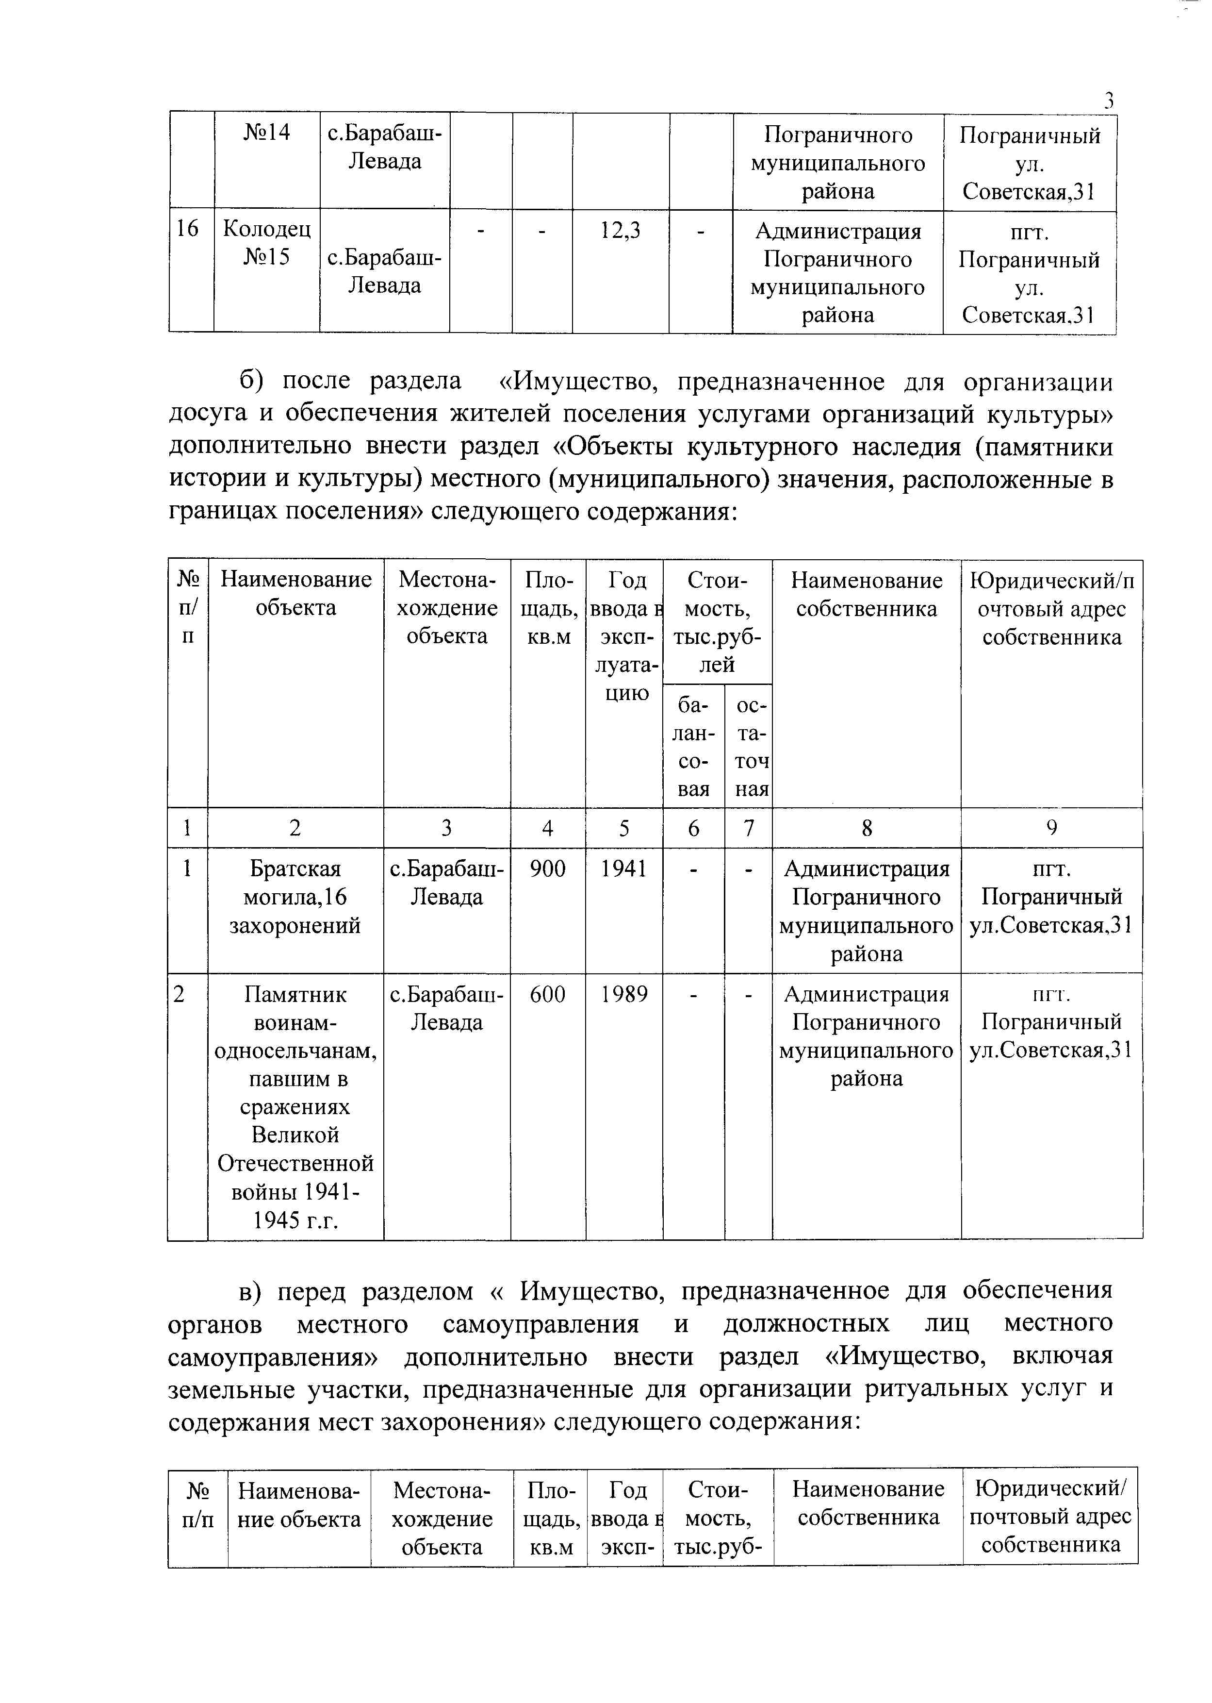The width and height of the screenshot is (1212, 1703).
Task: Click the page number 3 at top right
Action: click(x=1109, y=100)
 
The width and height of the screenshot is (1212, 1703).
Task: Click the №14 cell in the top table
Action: click(x=266, y=133)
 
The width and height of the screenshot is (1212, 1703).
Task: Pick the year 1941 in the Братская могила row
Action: click(x=624, y=868)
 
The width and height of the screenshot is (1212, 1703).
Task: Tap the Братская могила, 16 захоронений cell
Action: click(x=295, y=897)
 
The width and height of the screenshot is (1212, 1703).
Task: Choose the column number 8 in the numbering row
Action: click(x=867, y=827)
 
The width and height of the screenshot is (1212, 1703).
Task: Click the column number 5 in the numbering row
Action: click(x=624, y=827)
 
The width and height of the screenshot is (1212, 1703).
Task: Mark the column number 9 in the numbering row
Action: click(x=1051, y=827)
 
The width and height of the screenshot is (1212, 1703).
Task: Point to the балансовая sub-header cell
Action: click(x=693, y=747)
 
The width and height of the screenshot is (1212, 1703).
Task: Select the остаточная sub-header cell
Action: click(x=749, y=747)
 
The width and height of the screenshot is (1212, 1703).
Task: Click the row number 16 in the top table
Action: click(x=187, y=229)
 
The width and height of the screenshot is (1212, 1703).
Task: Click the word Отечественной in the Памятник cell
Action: click(x=295, y=1163)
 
